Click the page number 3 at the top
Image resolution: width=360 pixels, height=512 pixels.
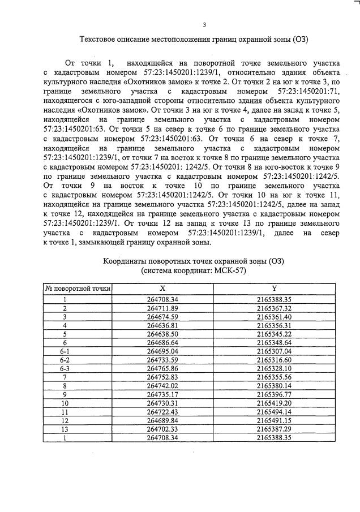point(204,24)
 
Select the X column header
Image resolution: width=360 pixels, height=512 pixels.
point(162,289)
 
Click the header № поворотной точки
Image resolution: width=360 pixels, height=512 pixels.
point(78,289)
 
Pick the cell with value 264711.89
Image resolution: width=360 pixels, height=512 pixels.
point(162,308)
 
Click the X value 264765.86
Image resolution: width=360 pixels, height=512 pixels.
point(162,369)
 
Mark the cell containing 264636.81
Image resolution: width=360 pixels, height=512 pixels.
point(162,326)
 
